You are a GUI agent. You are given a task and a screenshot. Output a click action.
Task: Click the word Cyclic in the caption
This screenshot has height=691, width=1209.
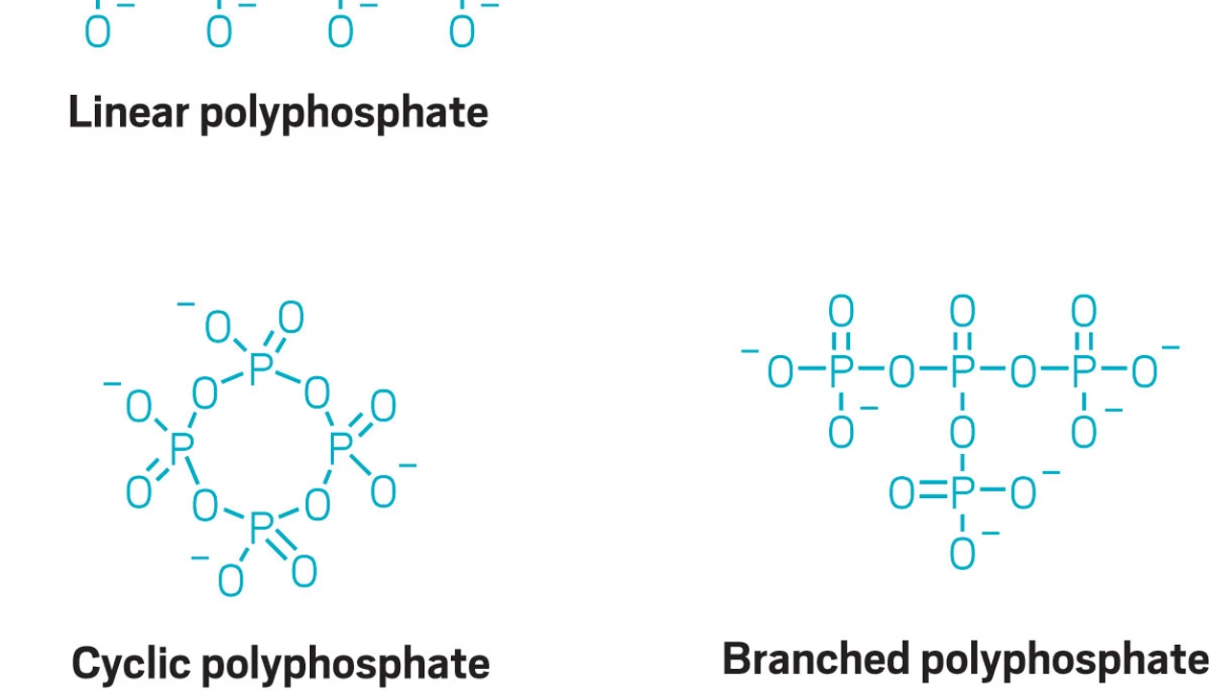[x=131, y=664]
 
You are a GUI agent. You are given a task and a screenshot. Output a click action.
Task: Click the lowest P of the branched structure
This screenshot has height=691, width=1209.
[x=962, y=492]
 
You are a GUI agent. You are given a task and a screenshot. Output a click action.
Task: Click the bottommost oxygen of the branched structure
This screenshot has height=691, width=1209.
[x=962, y=554]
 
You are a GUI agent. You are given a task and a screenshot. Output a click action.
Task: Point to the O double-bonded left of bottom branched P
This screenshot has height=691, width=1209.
[x=902, y=493]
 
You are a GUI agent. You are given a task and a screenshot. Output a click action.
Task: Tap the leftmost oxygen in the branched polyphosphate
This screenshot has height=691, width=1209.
[x=780, y=372]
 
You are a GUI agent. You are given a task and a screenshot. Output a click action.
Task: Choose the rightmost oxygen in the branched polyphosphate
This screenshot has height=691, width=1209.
[x=1144, y=372]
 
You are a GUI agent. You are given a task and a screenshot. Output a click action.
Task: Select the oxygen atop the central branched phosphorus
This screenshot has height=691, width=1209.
[x=962, y=312]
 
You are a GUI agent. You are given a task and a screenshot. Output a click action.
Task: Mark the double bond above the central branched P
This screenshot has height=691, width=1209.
[x=962, y=342]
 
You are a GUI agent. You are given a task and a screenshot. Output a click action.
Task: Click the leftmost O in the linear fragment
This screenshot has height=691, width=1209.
[x=97, y=33]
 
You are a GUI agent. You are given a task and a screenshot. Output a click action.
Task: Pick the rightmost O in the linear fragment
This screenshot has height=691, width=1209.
[x=462, y=33]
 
